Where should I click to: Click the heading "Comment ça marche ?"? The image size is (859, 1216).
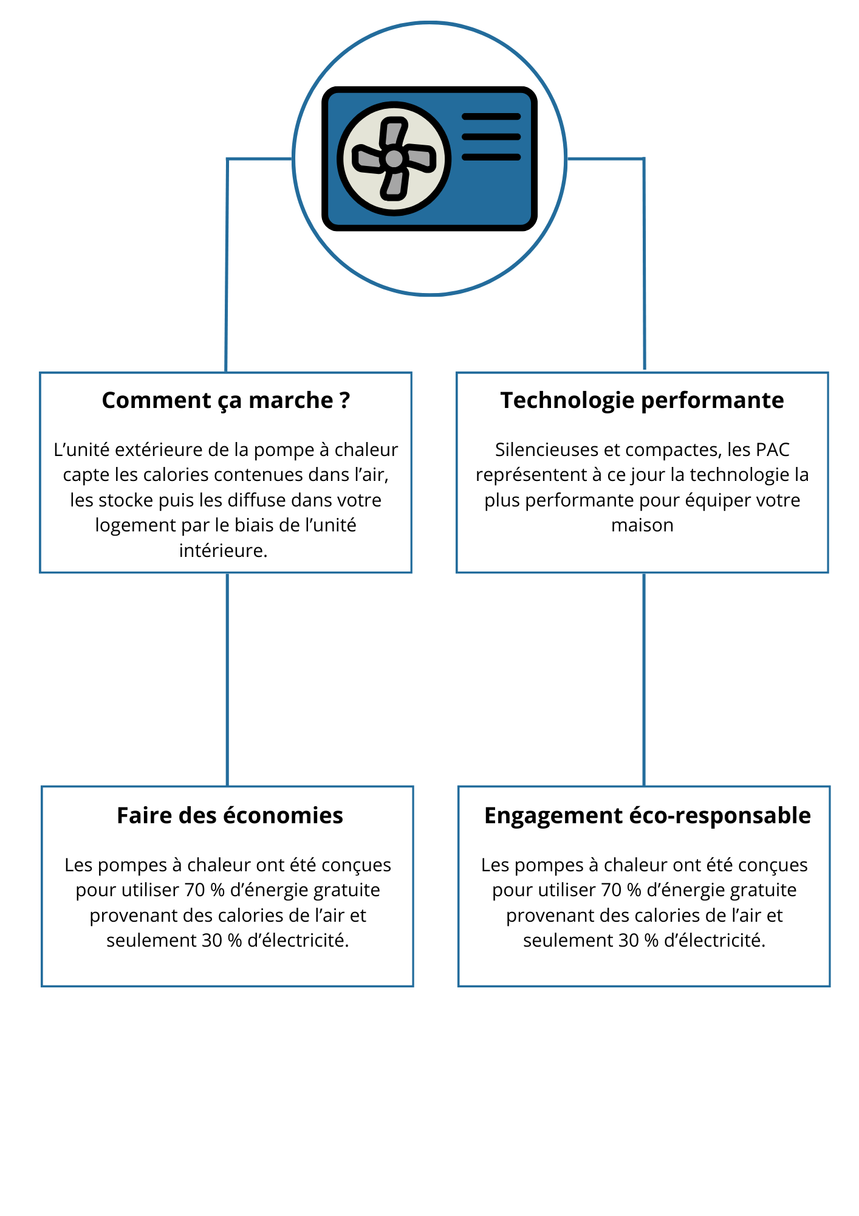(x=226, y=401)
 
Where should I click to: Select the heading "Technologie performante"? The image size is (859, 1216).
(x=642, y=401)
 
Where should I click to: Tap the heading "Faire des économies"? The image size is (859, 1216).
(x=230, y=815)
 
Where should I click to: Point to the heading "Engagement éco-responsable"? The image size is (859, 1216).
(x=647, y=816)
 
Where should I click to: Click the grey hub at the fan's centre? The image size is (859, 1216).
(x=394, y=159)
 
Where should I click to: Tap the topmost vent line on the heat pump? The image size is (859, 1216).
(x=491, y=117)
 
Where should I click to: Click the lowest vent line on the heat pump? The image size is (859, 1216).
(x=491, y=157)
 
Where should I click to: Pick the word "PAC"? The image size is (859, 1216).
(x=773, y=450)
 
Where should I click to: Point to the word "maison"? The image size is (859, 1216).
(x=642, y=525)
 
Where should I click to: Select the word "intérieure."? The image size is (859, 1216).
(x=224, y=551)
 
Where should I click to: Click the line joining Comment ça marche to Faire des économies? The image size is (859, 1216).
(x=227, y=680)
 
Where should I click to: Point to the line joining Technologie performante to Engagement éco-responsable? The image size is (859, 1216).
(x=644, y=680)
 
